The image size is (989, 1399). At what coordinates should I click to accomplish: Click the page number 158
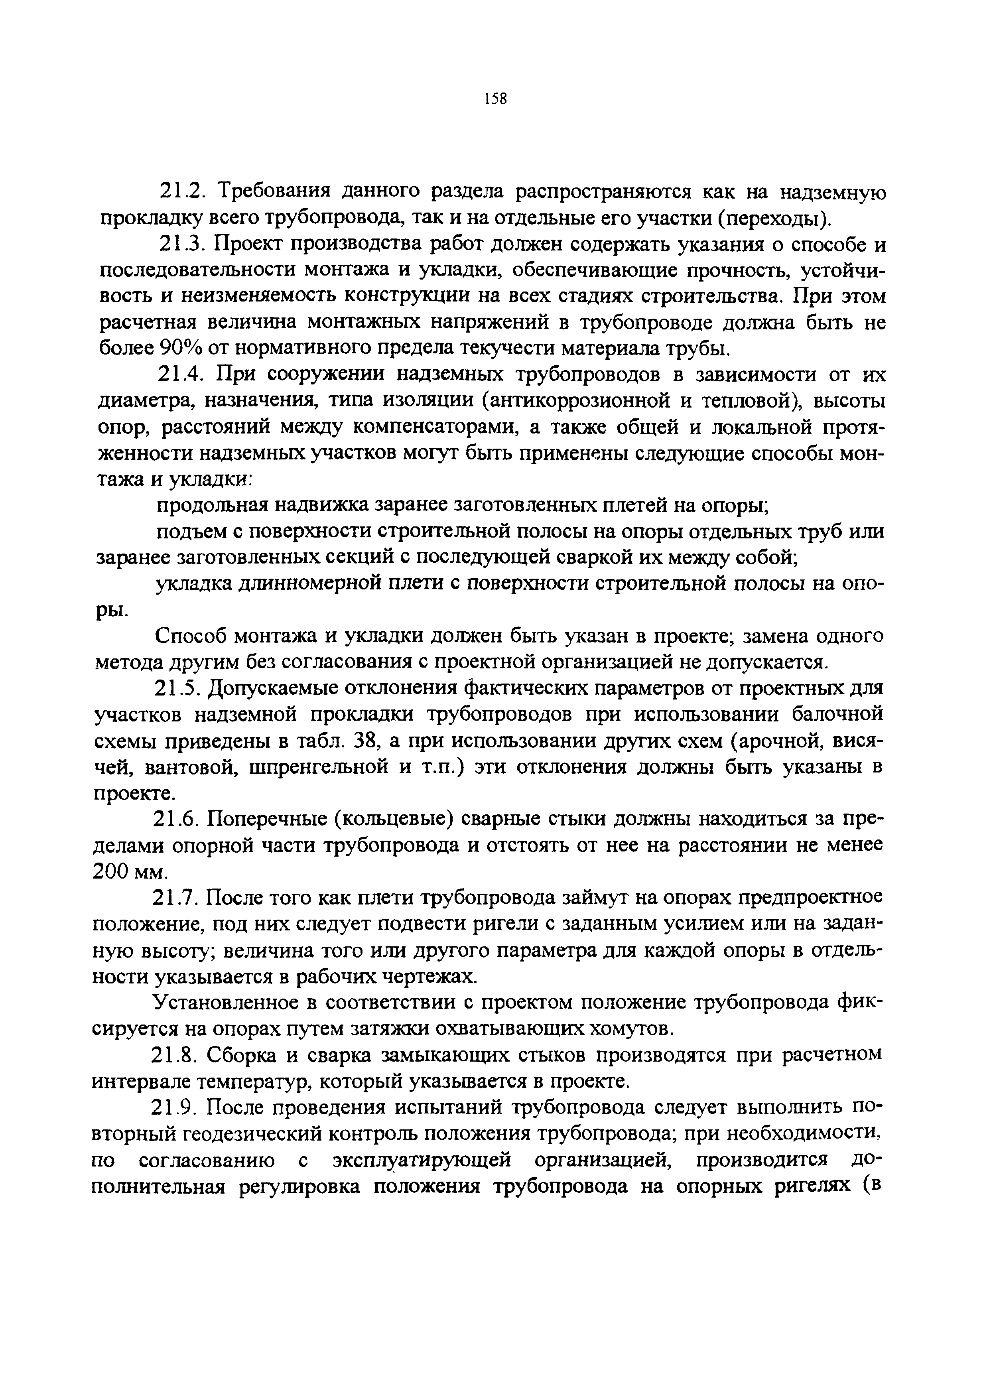(x=495, y=99)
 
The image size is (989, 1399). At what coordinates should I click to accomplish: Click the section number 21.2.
(x=180, y=192)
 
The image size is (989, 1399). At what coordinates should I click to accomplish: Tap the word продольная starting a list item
(x=212, y=505)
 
